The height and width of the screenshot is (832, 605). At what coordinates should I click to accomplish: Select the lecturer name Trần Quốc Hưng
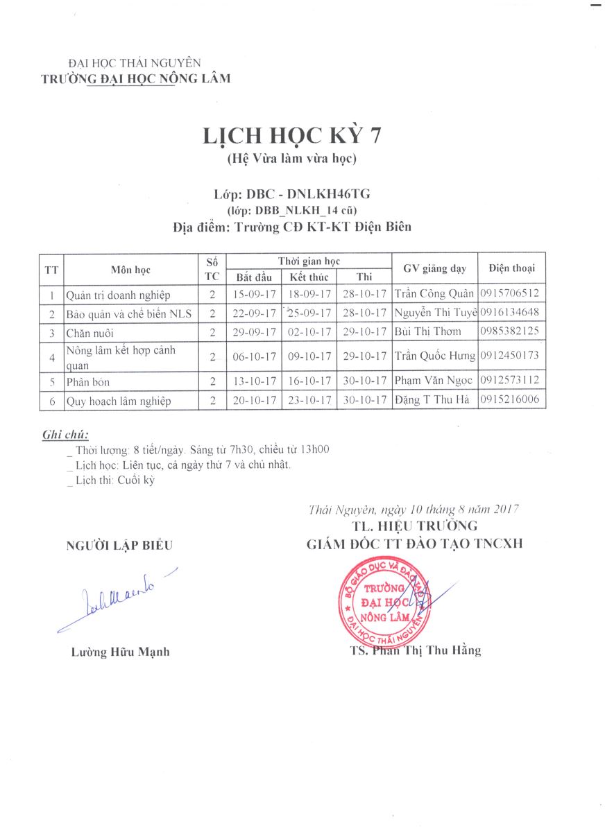[x=434, y=356]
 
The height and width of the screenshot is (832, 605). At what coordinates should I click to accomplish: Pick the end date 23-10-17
[x=309, y=401]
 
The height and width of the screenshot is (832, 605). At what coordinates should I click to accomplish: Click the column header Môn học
[x=130, y=270]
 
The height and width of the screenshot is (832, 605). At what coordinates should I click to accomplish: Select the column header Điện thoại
[x=511, y=268]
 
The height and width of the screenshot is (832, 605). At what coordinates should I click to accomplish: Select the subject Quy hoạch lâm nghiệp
[x=118, y=401]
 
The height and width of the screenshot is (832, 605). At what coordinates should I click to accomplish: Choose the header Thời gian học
[x=309, y=261]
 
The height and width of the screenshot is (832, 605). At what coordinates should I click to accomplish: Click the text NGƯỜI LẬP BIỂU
[x=119, y=546]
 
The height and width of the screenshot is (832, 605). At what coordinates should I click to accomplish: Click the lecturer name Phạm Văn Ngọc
[x=434, y=381]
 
